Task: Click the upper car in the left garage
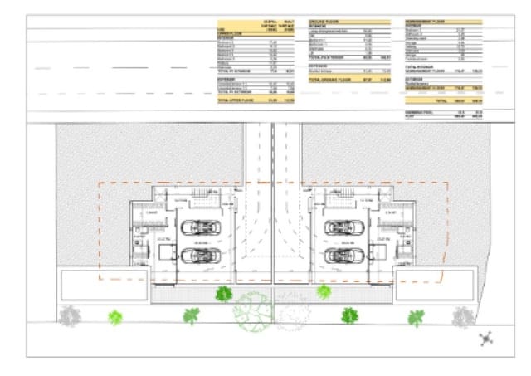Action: pos(202,226)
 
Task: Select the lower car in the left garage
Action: pos(202,255)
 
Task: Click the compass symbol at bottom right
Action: pos(487,337)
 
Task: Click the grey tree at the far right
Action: pos(461,315)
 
